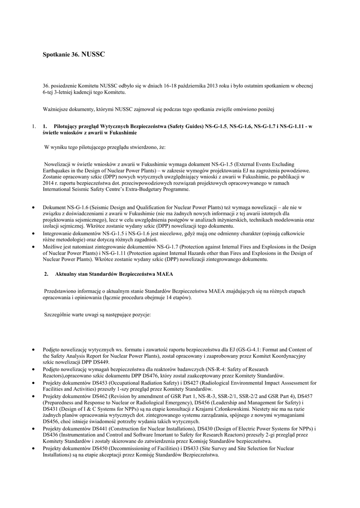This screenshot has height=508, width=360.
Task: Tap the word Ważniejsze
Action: coord(57,108)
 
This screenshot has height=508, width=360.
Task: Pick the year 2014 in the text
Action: coord(49,183)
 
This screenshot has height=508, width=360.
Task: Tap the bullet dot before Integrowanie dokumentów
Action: coord(33,233)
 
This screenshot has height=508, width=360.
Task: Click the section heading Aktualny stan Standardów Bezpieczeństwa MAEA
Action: coord(114,274)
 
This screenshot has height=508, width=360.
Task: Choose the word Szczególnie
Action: coord(58,315)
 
